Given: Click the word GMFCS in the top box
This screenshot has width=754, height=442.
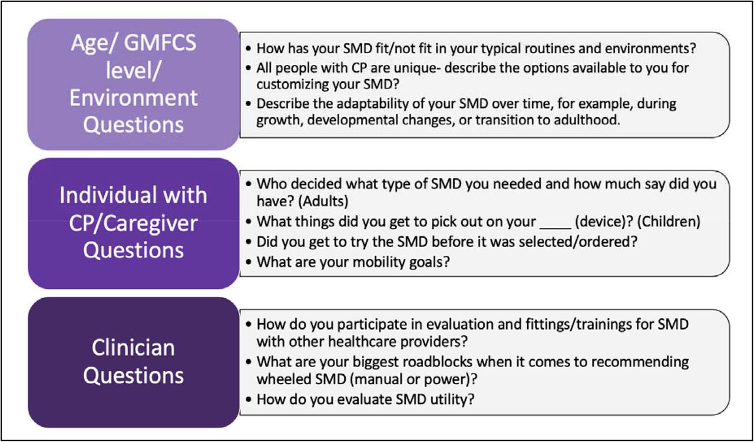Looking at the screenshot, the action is (160, 43).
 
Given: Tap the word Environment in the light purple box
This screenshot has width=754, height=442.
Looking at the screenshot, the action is (134, 98).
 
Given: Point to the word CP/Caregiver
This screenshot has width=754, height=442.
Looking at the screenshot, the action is (133, 223).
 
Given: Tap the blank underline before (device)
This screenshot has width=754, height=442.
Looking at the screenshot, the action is (555, 227).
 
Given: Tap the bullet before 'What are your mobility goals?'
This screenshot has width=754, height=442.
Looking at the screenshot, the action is (249, 262).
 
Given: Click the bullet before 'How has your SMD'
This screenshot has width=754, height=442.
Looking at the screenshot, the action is (249, 48).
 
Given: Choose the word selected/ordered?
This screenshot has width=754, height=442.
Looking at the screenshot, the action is (578, 242).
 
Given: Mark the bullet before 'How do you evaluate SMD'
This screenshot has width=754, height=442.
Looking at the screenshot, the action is (249, 400).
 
